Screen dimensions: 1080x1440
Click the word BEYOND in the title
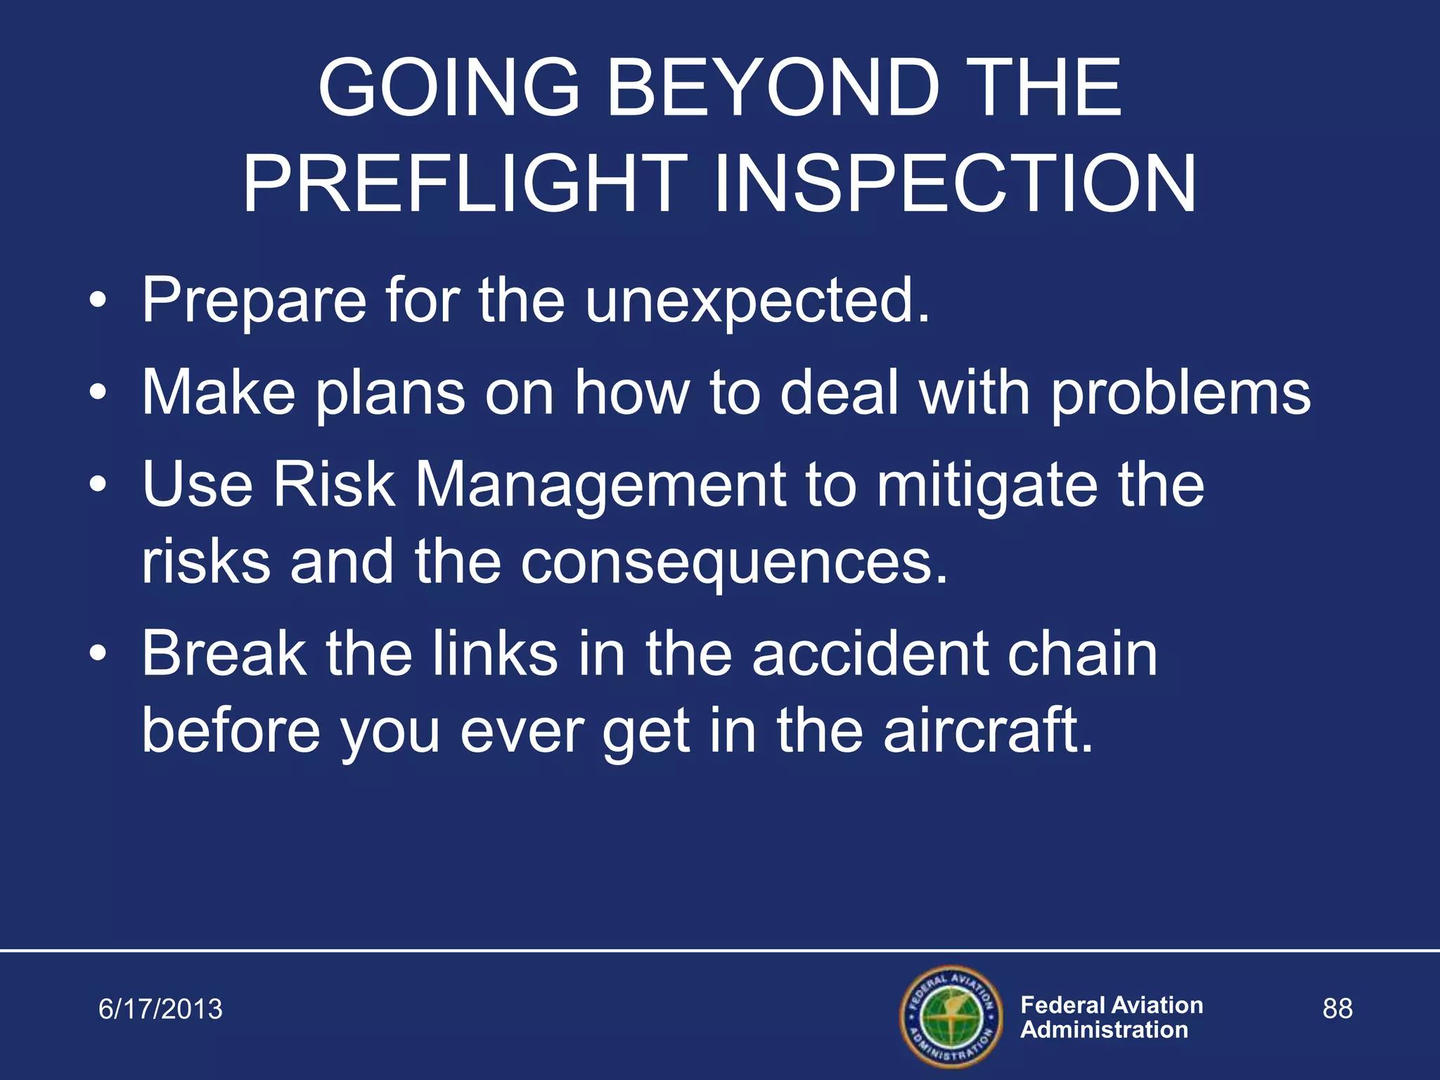773,89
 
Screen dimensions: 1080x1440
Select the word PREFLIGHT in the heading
465,184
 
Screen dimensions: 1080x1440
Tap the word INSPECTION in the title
954,184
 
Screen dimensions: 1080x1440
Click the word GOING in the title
449,89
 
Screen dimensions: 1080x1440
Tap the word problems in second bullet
1181,394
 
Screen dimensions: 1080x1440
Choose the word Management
600,487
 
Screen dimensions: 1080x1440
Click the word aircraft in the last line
988,731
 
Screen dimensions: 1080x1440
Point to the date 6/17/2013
160,1009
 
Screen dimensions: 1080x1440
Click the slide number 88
1337,1008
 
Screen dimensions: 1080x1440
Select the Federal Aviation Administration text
1111,1017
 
